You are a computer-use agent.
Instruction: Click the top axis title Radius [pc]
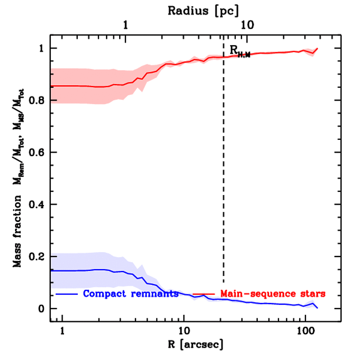point(203,11)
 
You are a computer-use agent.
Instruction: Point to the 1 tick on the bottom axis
point(62,332)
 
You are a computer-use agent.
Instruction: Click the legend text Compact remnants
point(131,294)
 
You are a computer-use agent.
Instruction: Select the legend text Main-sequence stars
point(273,293)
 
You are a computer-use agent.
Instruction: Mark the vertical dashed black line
point(224,176)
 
